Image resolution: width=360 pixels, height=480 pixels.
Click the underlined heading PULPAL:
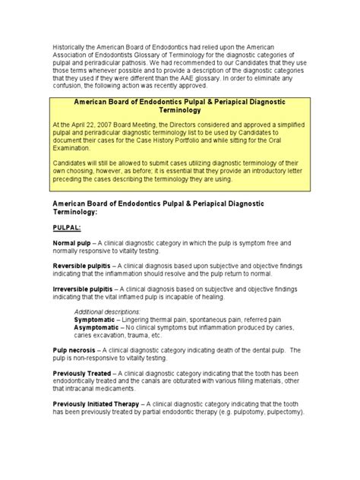click(x=67, y=227)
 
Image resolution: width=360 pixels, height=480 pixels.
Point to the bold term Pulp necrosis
click(x=75, y=349)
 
